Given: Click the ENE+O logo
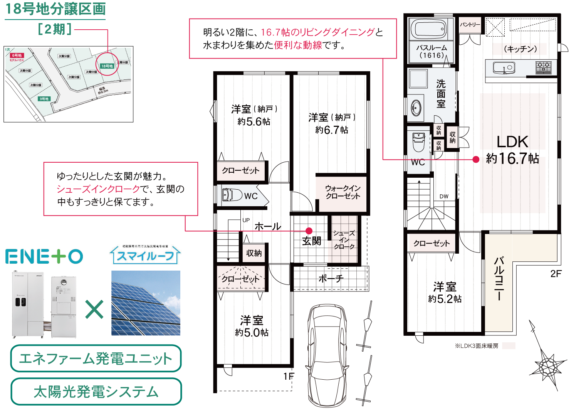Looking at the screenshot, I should [x=44, y=256].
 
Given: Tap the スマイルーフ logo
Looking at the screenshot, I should [x=145, y=254].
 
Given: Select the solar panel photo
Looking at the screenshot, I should [x=146, y=303].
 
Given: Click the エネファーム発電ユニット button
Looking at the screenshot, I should [x=96, y=358].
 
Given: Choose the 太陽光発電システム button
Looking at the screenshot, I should [x=96, y=392].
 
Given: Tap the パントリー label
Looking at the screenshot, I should [x=470, y=25].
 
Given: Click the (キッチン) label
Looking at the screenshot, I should [x=520, y=49].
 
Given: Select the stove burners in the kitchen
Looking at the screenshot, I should [x=543, y=67].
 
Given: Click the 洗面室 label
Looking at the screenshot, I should [x=441, y=94].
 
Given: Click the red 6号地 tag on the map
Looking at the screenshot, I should [x=17, y=56].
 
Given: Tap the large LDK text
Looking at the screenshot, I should [x=512, y=142].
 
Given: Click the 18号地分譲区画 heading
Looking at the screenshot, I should [x=55, y=9].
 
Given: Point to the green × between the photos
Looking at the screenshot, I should [x=94, y=309].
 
